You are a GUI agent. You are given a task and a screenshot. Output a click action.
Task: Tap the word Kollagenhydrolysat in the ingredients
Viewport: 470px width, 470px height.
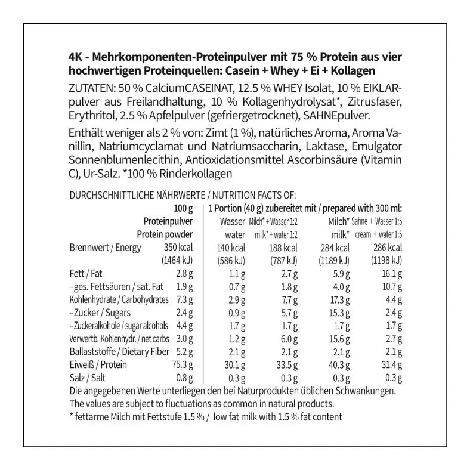click(x=275, y=102)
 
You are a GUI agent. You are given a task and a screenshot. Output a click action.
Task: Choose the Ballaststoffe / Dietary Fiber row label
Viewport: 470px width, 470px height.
click(x=114, y=352)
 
